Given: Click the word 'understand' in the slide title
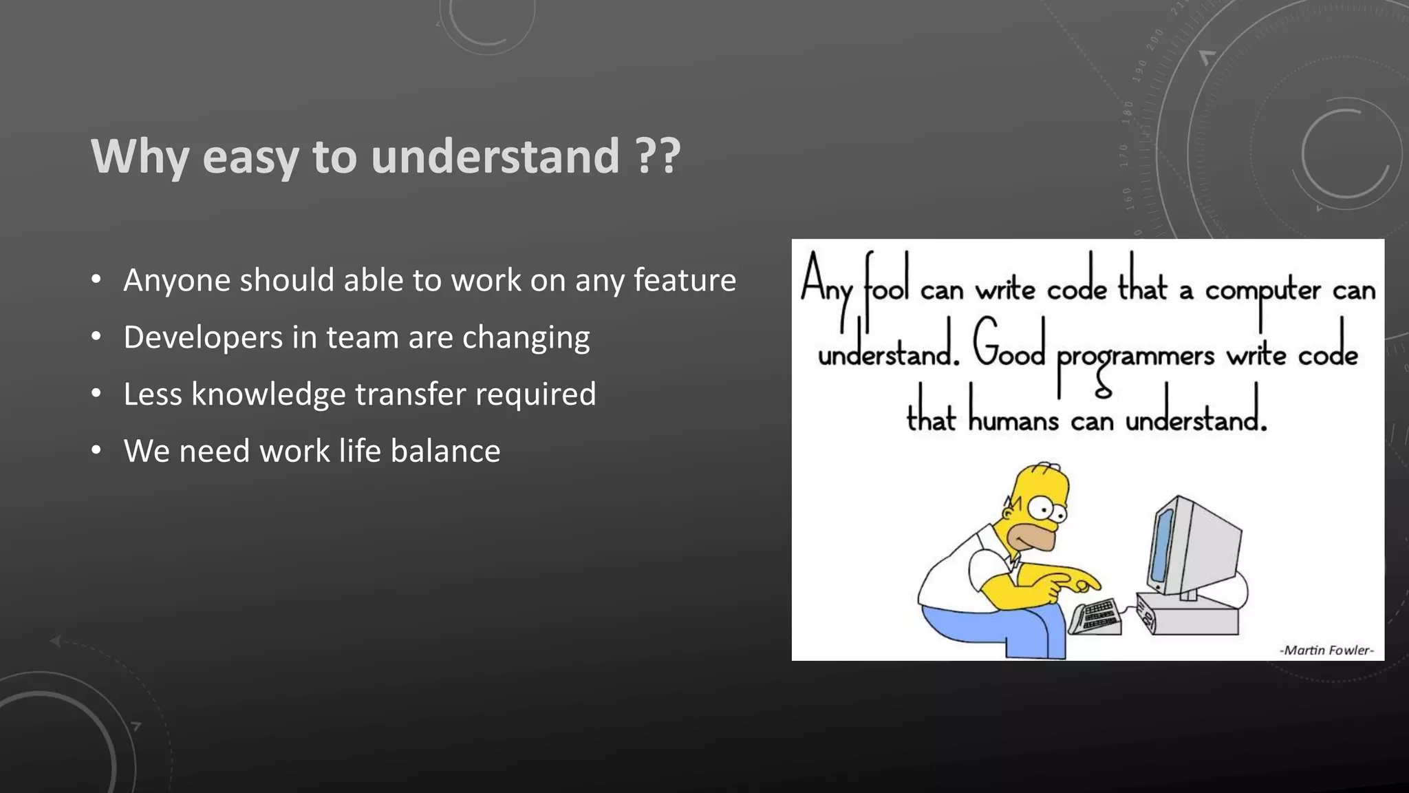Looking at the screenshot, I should [x=495, y=156].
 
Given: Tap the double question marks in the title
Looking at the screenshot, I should [x=658, y=156].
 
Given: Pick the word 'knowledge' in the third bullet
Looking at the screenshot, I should [x=268, y=394].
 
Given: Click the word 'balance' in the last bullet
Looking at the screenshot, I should [x=445, y=452].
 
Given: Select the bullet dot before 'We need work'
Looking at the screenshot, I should [x=96, y=451].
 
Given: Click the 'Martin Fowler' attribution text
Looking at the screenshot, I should [x=1326, y=650].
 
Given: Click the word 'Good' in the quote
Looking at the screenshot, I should [x=1009, y=348].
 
